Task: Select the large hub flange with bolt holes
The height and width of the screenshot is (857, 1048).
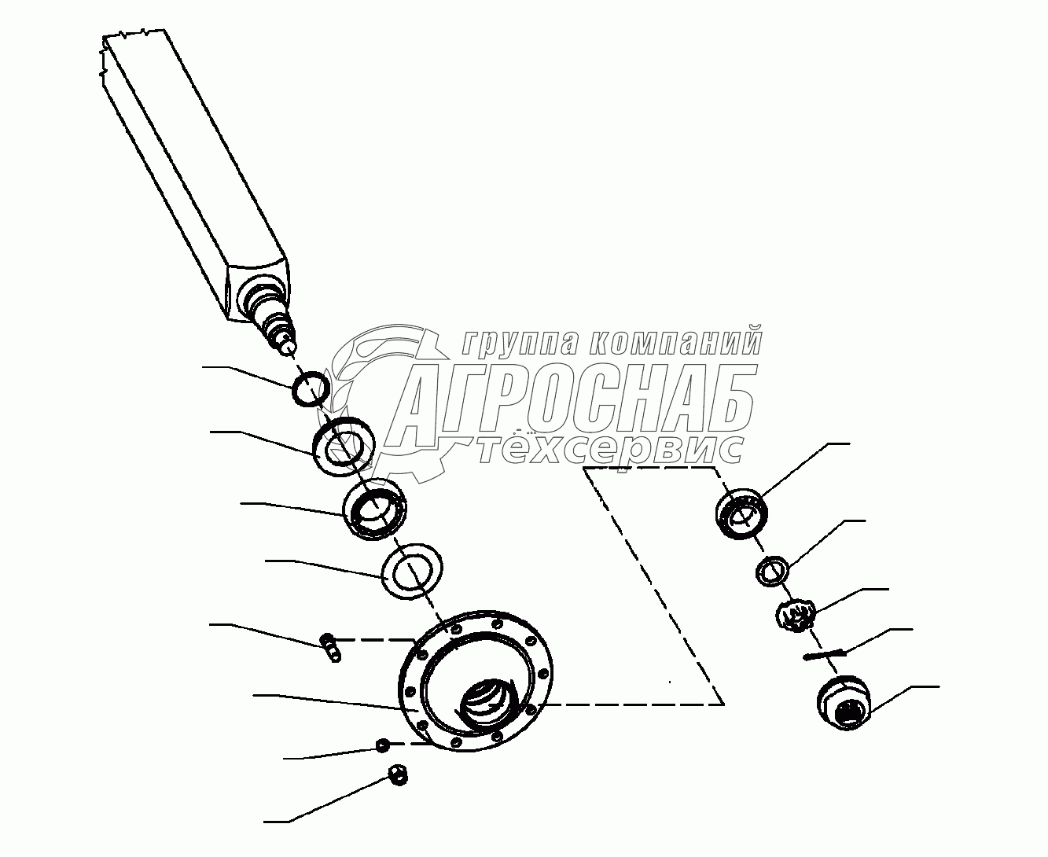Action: pyautogui.click(x=413, y=706)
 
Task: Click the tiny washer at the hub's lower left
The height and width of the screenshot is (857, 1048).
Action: pyautogui.click(x=381, y=745)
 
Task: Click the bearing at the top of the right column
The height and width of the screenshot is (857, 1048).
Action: pyautogui.click(x=741, y=513)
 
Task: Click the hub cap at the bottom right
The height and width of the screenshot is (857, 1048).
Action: pyautogui.click(x=844, y=702)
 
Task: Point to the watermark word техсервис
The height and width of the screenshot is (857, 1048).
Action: pyautogui.click(x=612, y=449)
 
